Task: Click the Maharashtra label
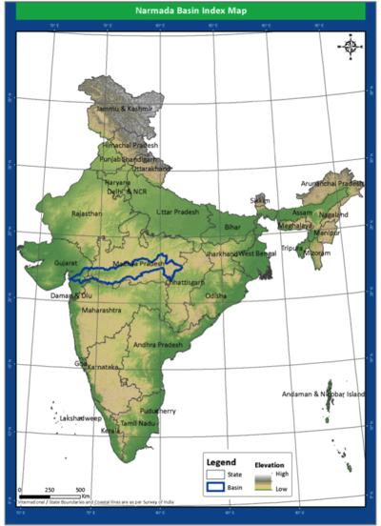pos(102,311)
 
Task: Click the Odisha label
pos(216,296)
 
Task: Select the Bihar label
pos(232,228)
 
